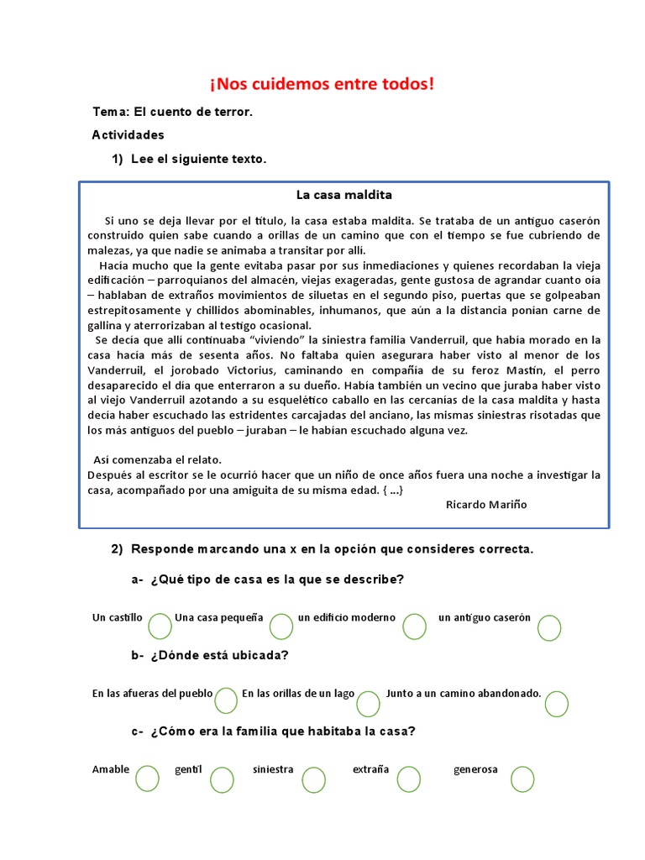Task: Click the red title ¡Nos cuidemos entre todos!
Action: [x=322, y=85]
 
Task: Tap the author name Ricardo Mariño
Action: [x=486, y=504]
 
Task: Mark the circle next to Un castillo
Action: [x=160, y=626]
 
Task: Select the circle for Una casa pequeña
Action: [x=282, y=626]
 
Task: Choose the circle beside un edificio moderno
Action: [x=414, y=626]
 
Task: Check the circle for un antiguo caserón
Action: [x=549, y=627]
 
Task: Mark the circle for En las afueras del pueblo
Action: [x=226, y=700]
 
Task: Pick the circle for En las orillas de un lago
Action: [x=368, y=703]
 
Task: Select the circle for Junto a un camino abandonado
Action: [x=556, y=704]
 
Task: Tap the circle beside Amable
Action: [x=146, y=779]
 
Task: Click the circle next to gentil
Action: [x=222, y=780]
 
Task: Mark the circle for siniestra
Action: [x=313, y=780]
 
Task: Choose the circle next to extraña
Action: [x=408, y=779]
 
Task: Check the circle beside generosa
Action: [x=522, y=779]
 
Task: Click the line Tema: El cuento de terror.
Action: [x=172, y=113]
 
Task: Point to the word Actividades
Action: [x=128, y=135]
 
